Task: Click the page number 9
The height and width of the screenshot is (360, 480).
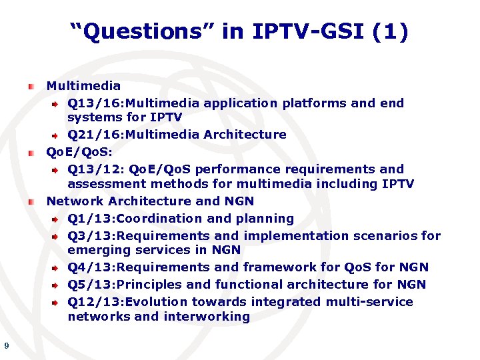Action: tap(6, 345)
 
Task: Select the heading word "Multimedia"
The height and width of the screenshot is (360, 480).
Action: tap(83, 86)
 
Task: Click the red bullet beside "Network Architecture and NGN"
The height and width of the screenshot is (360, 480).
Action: tap(32, 201)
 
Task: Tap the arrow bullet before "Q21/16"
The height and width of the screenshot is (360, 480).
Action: tap(57, 135)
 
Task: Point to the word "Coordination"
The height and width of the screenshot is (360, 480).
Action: tap(155, 219)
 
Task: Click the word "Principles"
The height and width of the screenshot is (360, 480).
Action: tap(153, 285)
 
